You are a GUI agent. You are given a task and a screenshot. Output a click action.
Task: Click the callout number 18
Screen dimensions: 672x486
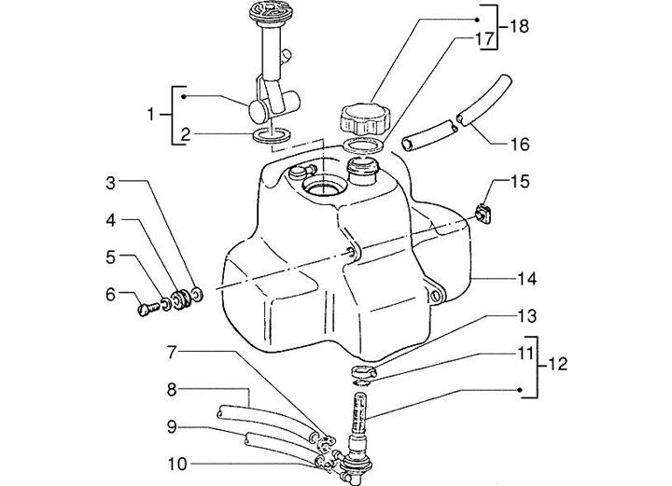pos(520,26)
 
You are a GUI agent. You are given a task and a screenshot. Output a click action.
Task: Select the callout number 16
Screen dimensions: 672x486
pos(520,145)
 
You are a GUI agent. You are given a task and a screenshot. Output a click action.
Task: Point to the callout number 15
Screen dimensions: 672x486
pos(520,182)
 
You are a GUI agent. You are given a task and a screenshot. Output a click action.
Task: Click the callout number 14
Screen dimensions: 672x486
pos(526,279)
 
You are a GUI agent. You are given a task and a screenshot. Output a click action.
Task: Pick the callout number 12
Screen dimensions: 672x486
pos(557,364)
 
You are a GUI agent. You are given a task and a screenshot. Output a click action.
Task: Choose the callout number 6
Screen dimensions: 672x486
pos(111,295)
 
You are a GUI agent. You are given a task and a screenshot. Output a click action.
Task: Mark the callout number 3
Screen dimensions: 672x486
pos(111,183)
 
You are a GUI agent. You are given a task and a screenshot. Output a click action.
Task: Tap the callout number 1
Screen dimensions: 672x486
pos(150,115)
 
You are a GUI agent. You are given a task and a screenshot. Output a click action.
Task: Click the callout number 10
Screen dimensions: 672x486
pos(177,464)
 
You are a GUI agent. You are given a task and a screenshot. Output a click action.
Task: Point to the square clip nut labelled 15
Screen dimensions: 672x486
pos(483,213)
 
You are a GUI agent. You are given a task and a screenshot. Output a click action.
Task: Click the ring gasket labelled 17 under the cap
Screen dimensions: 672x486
pos(364,146)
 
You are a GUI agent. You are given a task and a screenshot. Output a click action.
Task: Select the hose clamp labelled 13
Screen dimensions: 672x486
pos(364,371)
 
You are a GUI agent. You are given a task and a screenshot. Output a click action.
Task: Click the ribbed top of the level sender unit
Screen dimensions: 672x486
pos(268,12)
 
